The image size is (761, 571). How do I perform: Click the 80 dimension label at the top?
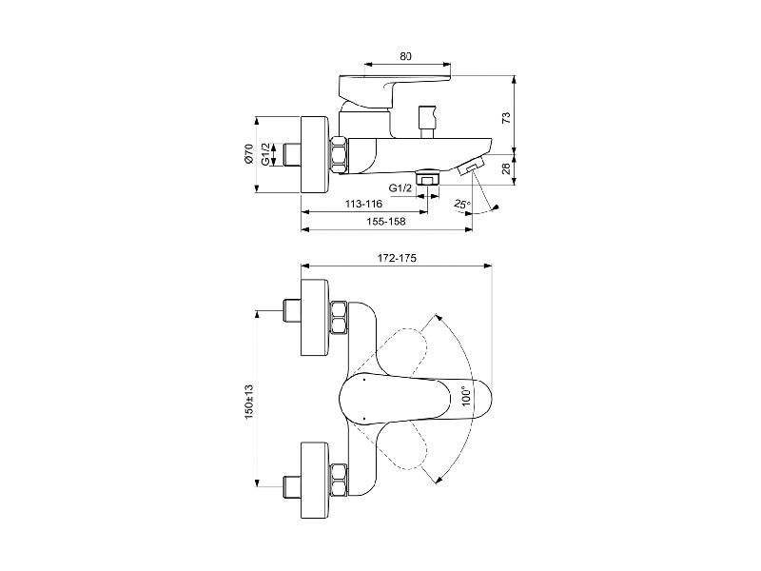coord(406,56)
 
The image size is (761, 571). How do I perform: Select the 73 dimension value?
coord(506,117)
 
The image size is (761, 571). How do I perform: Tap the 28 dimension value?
coord(506,169)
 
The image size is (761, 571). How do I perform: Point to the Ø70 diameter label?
coord(249,154)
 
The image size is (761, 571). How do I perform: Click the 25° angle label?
coord(462,205)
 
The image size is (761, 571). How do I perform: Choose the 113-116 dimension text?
coord(364,204)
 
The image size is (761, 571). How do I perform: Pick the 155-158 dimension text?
coord(386,222)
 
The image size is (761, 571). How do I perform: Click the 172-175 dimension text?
coord(397,258)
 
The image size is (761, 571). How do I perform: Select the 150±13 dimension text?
coord(249,403)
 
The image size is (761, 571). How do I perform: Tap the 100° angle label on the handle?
coord(467,396)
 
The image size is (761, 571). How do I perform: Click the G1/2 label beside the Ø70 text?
coord(265,154)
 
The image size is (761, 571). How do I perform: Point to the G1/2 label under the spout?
coord(400,187)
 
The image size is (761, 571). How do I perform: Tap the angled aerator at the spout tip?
coord(469,167)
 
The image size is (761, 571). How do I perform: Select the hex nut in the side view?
coord(340,155)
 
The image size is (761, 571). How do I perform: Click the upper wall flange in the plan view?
coord(317,318)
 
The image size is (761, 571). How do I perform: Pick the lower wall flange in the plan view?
coord(317,481)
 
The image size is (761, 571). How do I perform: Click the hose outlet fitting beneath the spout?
coord(427,177)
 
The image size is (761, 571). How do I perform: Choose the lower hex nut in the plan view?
coord(340,481)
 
